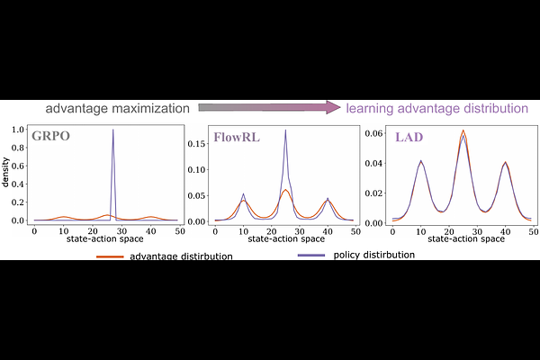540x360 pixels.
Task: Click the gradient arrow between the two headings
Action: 269,108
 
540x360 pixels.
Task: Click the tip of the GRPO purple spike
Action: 113,130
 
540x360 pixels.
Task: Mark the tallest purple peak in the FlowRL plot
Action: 285,130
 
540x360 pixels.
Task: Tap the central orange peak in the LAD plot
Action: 463,130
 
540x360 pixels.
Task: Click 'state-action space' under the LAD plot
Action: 463,238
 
